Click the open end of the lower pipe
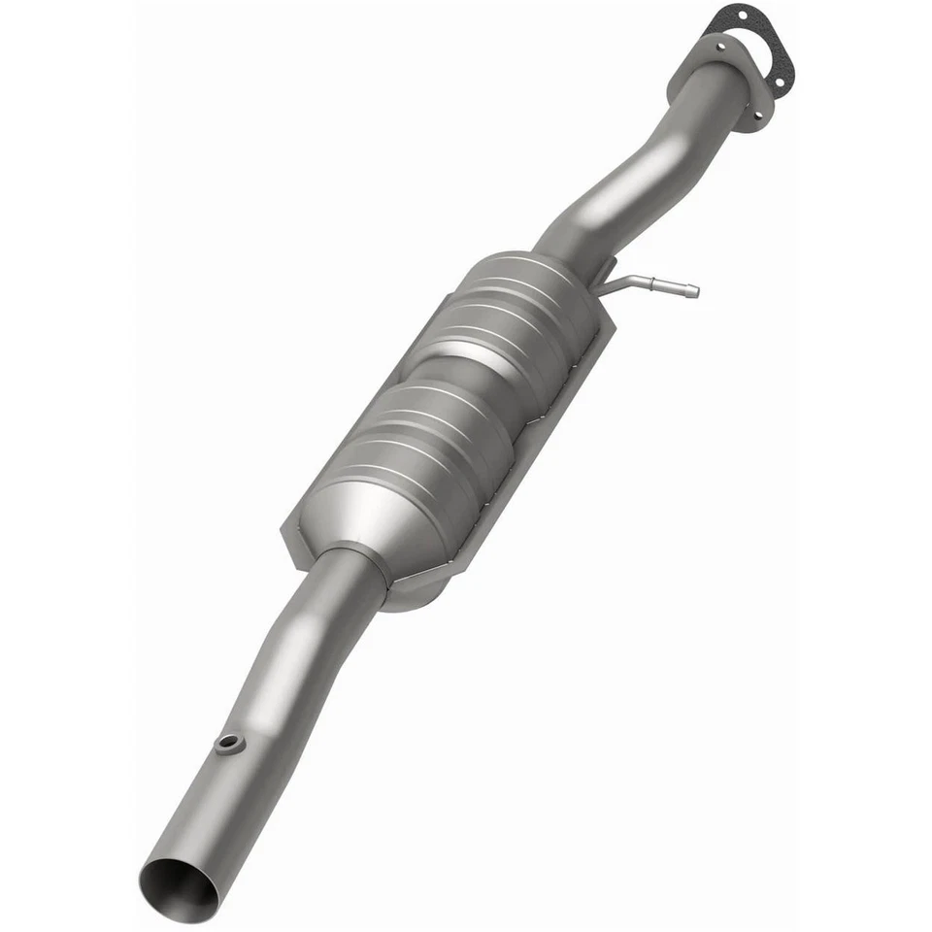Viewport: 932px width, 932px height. [x=179, y=889]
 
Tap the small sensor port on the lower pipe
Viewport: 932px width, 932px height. [x=230, y=745]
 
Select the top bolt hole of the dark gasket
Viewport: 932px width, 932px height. [x=743, y=17]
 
